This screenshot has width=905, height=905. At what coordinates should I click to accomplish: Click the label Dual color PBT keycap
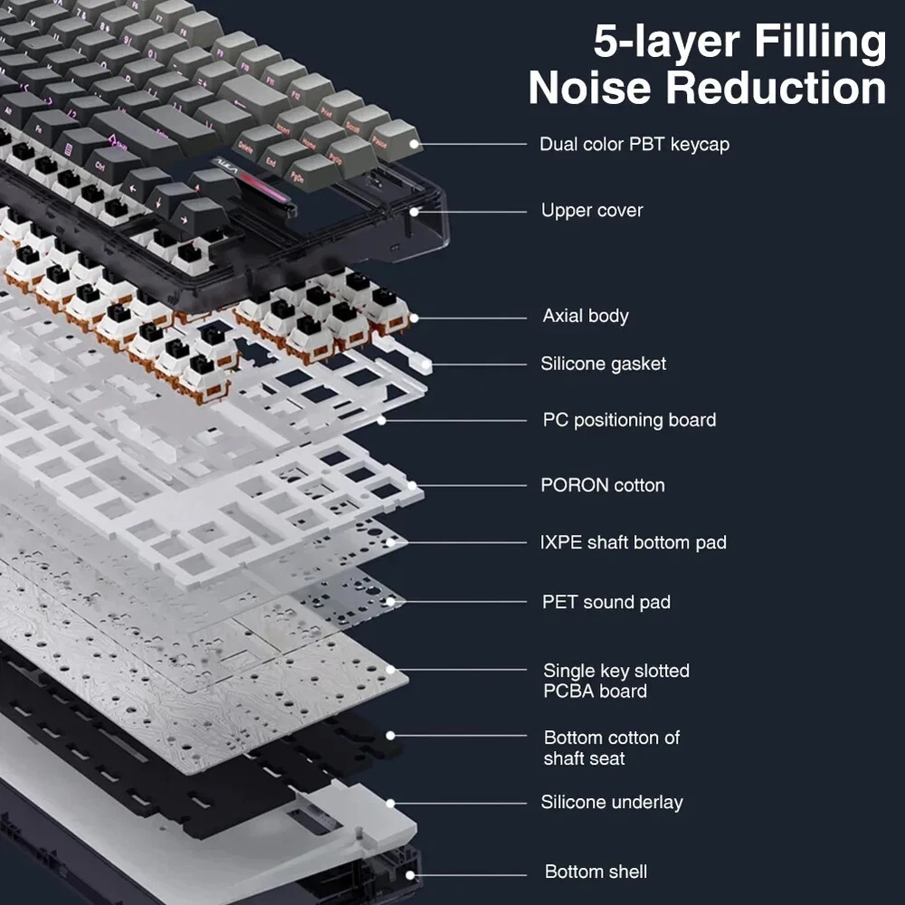tap(633, 144)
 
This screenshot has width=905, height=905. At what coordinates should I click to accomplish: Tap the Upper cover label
tap(592, 211)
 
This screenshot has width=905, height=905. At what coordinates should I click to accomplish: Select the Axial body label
tap(585, 316)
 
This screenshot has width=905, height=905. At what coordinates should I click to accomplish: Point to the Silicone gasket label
tap(603, 364)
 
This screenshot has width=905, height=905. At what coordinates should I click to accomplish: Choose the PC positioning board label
tap(629, 420)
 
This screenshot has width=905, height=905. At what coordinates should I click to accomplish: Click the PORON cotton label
tap(603, 485)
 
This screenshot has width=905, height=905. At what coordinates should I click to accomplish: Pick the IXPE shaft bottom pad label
tap(633, 543)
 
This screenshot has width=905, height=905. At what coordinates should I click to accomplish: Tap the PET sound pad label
tap(606, 602)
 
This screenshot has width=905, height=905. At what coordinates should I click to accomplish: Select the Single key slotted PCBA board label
tap(615, 681)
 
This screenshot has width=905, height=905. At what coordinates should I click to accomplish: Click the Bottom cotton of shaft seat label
tap(611, 748)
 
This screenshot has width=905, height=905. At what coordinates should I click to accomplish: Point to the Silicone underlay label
tap(612, 802)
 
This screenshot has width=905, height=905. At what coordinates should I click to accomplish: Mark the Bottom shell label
tap(595, 872)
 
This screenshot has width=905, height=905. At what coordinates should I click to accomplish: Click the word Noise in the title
tap(596, 89)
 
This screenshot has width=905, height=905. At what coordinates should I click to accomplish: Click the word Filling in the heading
tap(814, 42)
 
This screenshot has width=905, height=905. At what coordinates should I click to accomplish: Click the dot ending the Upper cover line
tap(414, 212)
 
